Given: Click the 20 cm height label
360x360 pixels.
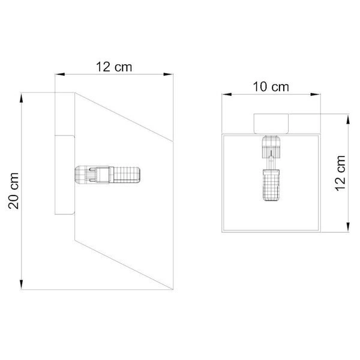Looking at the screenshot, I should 14,190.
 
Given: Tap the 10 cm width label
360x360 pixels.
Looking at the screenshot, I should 271,86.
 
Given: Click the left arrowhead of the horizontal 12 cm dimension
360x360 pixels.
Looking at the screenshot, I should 59,74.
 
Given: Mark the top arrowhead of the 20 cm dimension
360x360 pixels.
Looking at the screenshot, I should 22,96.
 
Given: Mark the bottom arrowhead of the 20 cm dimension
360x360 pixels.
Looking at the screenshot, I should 22,284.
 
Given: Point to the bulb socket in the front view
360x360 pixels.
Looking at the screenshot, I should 272,146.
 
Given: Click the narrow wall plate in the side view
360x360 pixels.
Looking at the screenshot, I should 64,174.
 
